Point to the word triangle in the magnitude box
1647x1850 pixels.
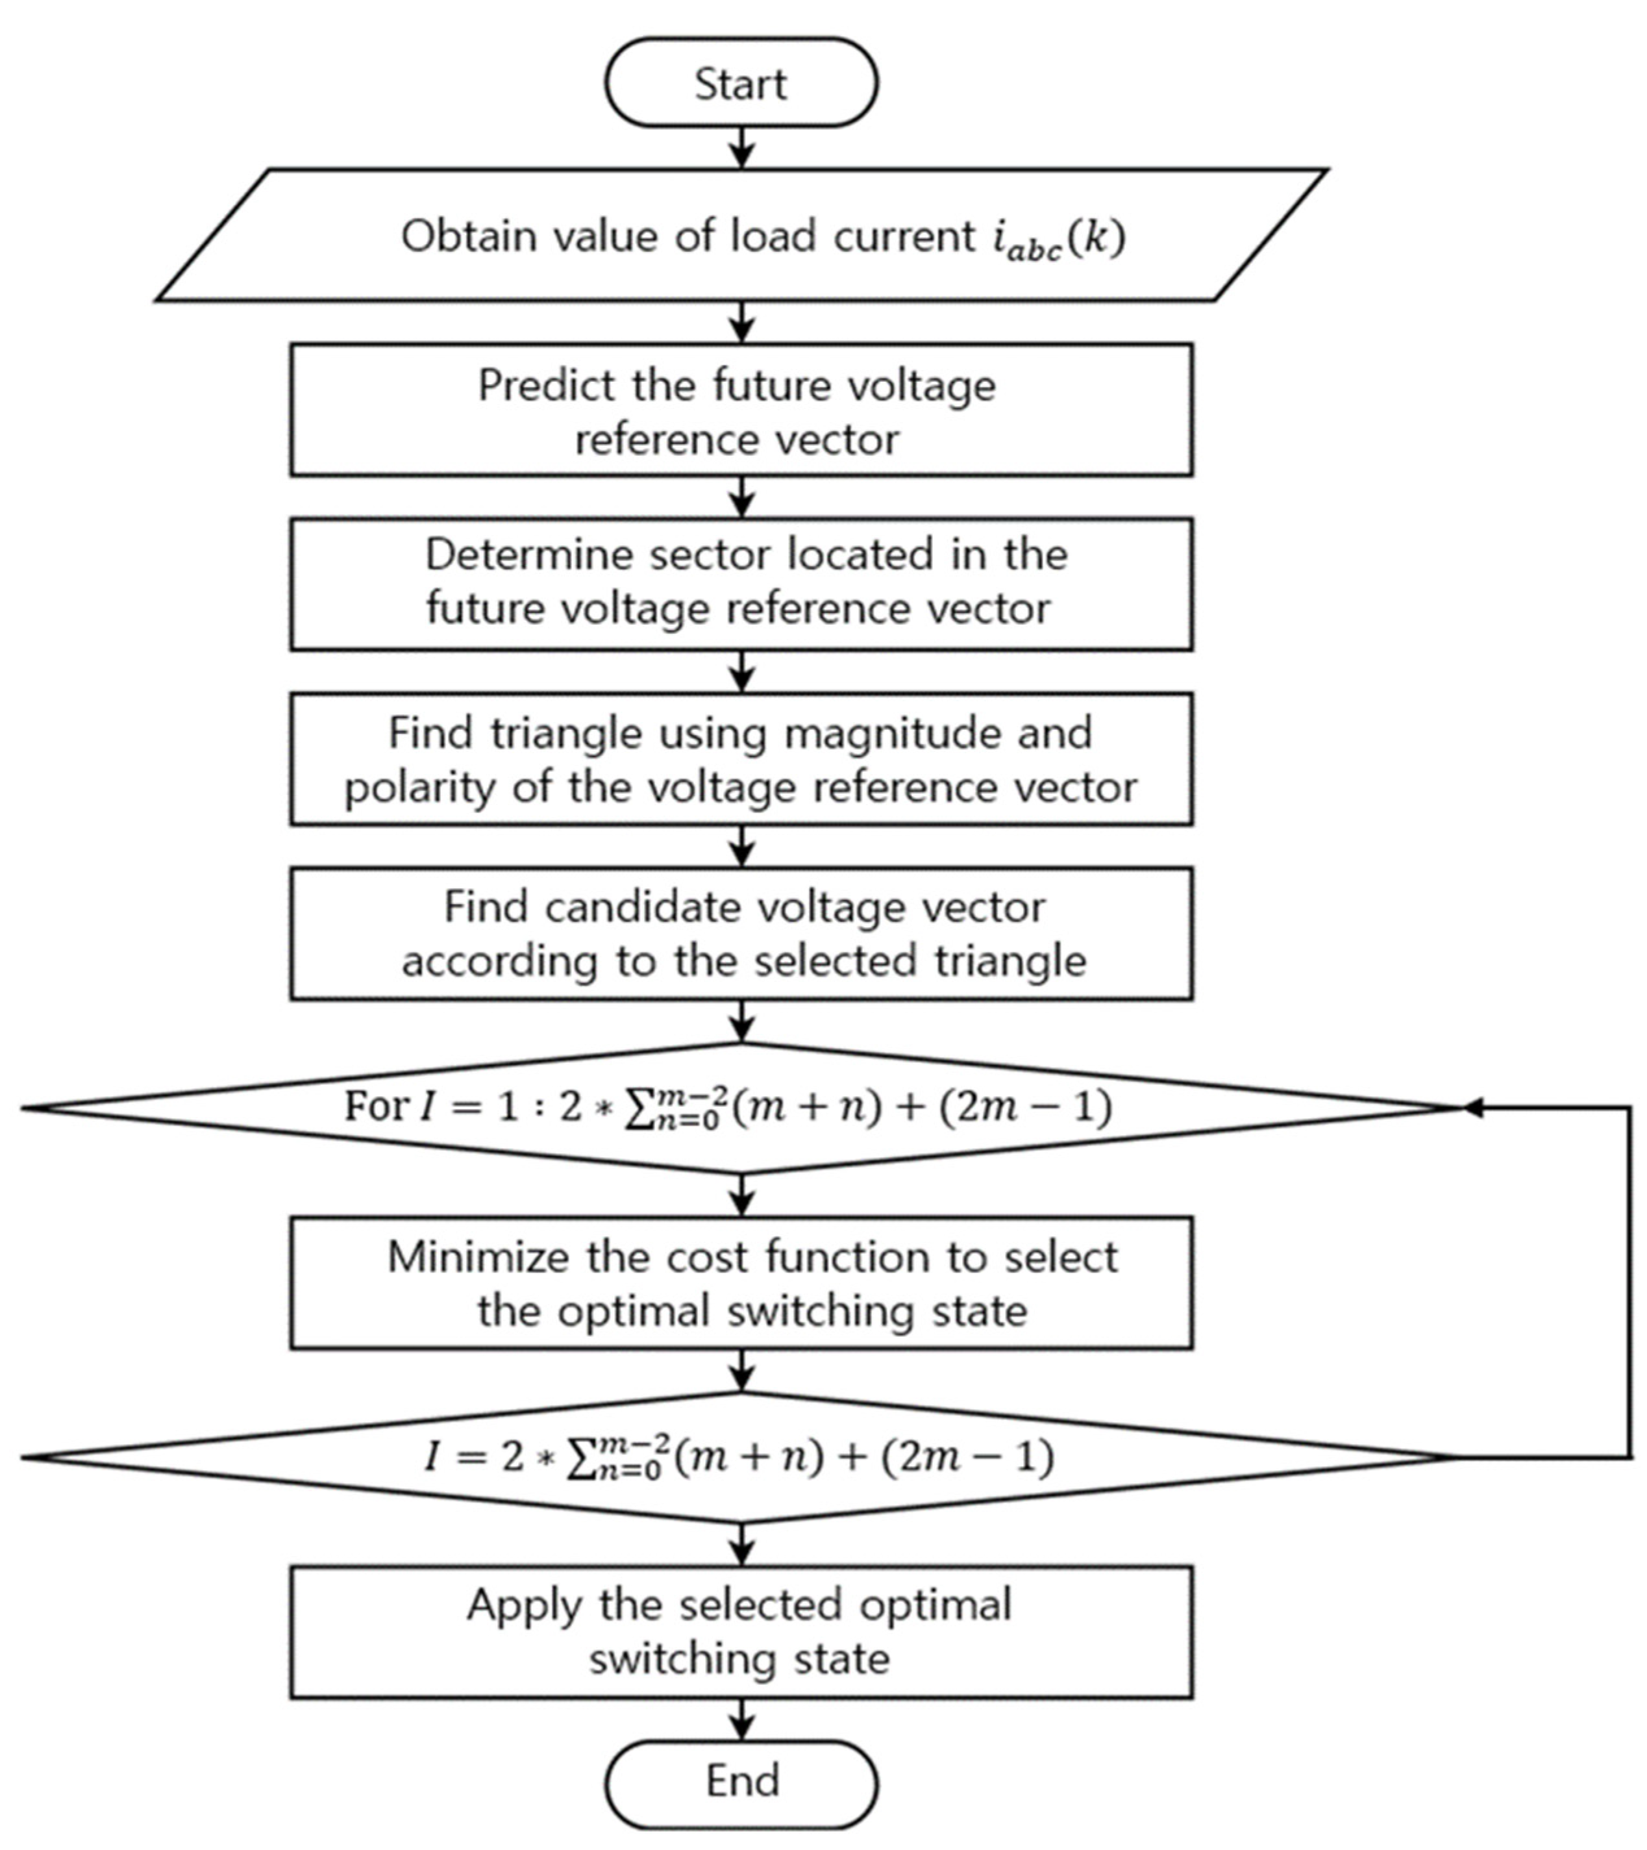pyautogui.click(x=565, y=733)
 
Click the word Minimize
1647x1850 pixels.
pyautogui.click(x=480, y=1258)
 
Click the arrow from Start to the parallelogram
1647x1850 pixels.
pyautogui.click(x=741, y=147)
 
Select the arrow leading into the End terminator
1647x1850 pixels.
pyautogui.click(x=741, y=1719)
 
